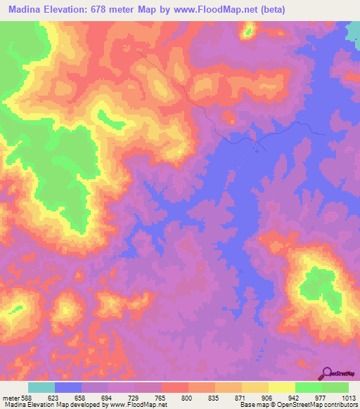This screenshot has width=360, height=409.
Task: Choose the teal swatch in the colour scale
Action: (x=41, y=388)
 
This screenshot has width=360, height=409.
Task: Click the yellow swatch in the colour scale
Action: (x=282, y=388)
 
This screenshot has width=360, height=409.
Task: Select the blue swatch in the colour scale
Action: (x=68, y=388)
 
